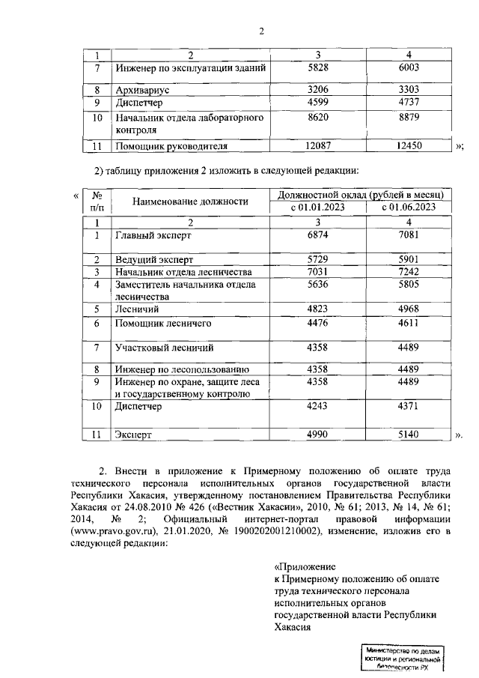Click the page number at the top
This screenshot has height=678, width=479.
[x=261, y=31]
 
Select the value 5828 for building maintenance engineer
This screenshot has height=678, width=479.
[x=318, y=68]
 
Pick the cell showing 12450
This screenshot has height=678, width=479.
[x=409, y=146]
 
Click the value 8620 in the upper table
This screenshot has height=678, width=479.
[x=318, y=118]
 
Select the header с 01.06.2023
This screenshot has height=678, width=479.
[x=409, y=207]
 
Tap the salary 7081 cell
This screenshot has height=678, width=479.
[x=409, y=235]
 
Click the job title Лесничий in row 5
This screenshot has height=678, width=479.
[x=136, y=308]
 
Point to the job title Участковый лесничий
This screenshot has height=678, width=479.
[x=163, y=348]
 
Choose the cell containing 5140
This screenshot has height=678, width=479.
[x=409, y=435]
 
